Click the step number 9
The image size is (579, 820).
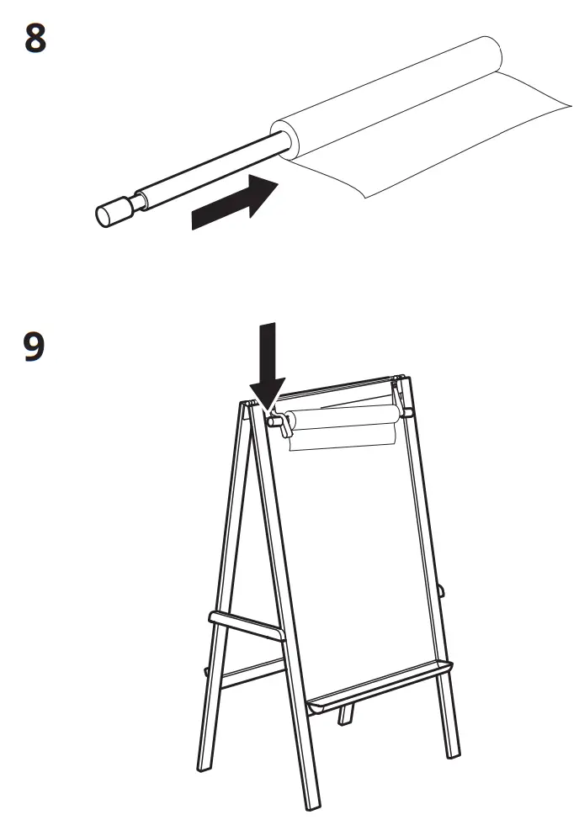pyautogui.click(x=34, y=347)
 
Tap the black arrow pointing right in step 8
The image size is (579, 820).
pyautogui.click(x=236, y=203)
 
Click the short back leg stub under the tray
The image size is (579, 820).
pyautogui.click(x=346, y=715)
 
